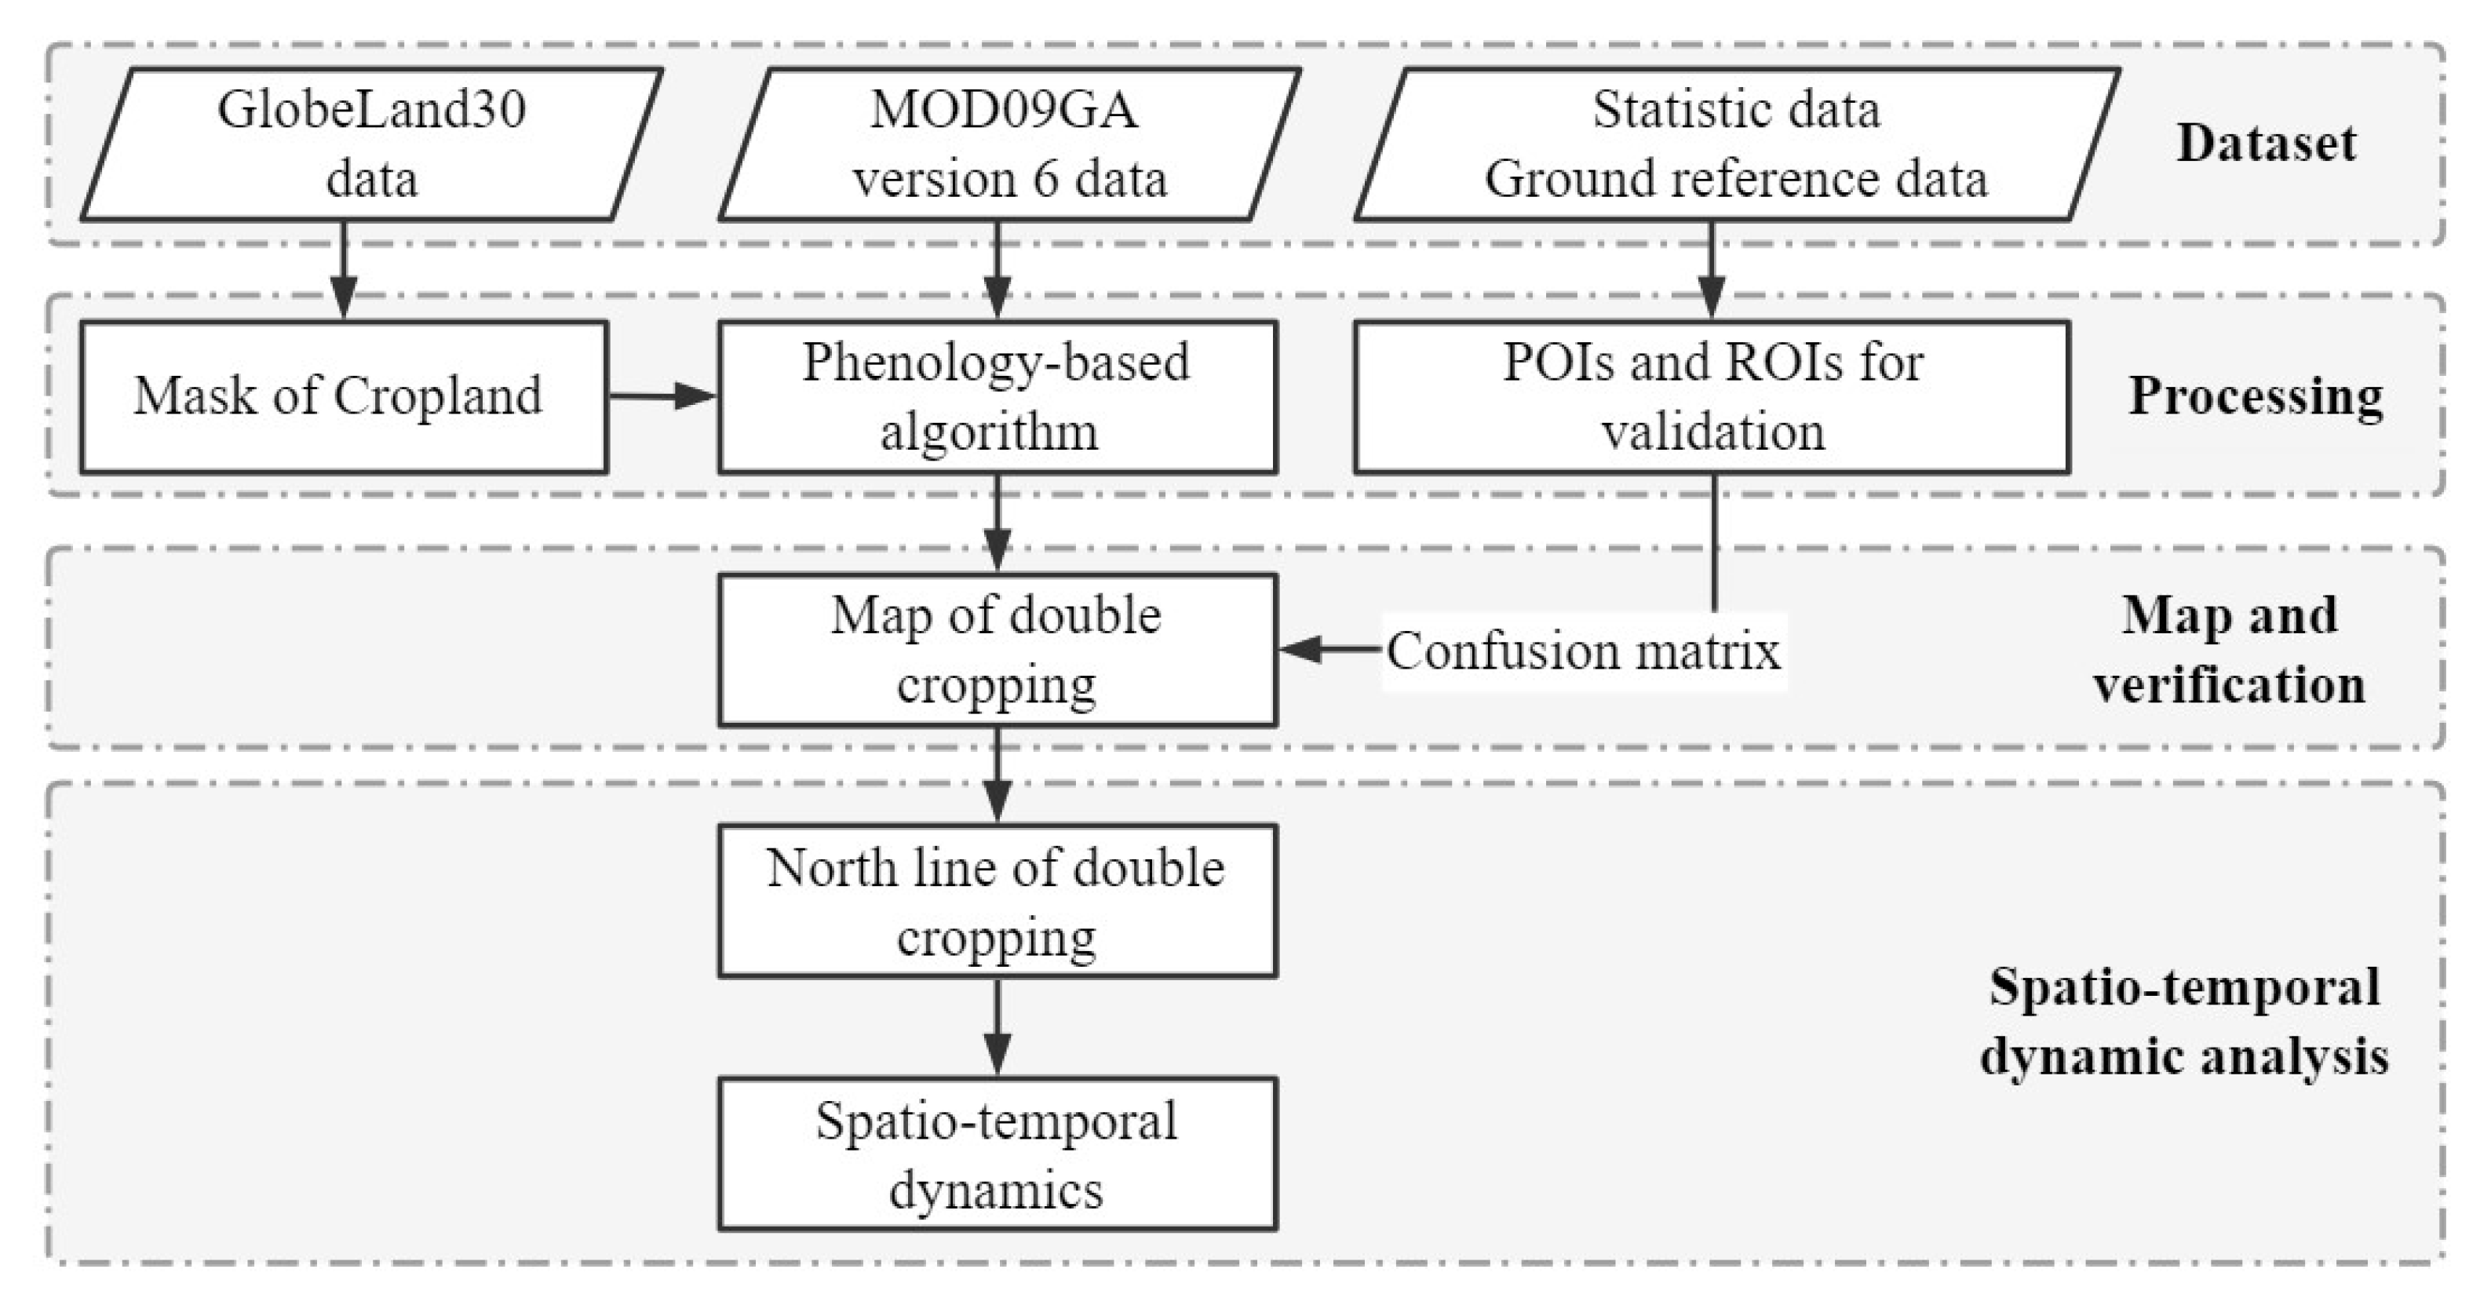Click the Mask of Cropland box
pos(344,397)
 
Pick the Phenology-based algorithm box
pos(997,397)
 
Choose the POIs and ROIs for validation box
pos(1712,397)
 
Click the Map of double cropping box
pos(997,650)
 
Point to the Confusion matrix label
pos(1584,652)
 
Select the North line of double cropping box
pos(997,901)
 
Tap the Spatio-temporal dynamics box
pos(997,1154)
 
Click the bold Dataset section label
pos(2267,144)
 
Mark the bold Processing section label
pos(2255,396)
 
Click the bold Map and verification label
pos(2229,650)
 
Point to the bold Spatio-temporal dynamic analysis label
pos(2183,1022)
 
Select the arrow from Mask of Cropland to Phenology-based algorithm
pos(662,396)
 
